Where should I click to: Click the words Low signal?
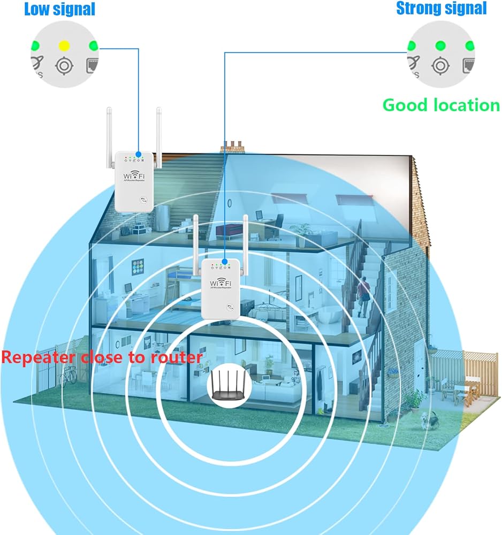pyautogui.click(x=59, y=9)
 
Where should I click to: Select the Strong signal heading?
pyautogui.click(x=442, y=8)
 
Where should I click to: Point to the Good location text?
pyautogui.click(x=441, y=105)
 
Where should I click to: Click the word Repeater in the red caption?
pyautogui.click(x=40, y=357)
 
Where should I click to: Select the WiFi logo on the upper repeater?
pyautogui.click(x=134, y=175)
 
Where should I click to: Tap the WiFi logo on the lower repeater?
pyautogui.click(x=220, y=282)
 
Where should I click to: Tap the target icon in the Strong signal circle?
pyautogui.click(x=440, y=66)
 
